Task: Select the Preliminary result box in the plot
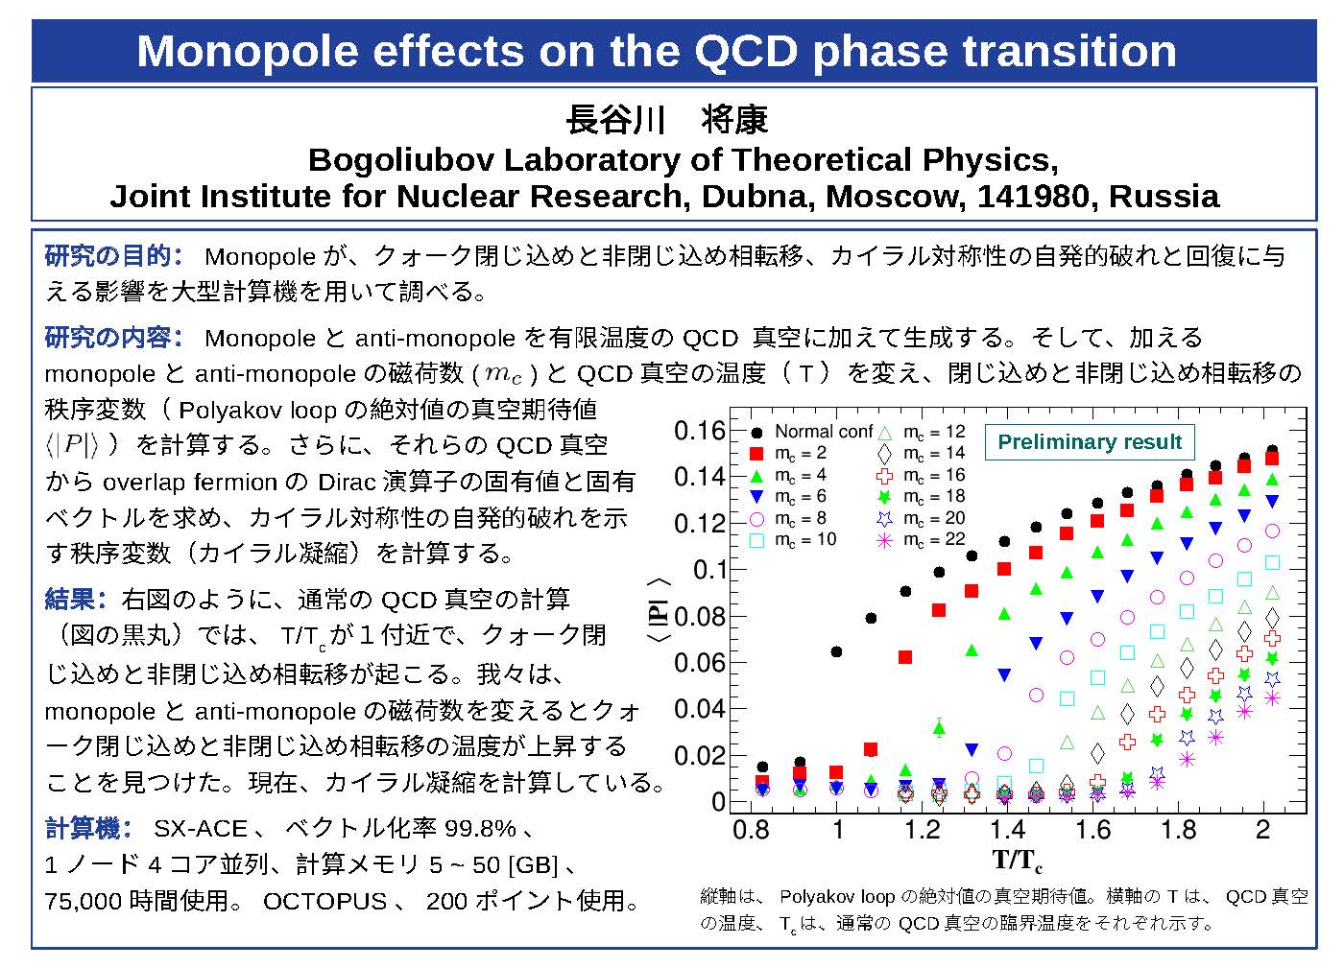pos(1090,442)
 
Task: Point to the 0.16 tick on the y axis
pos(700,431)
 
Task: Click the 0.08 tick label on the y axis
pos(700,616)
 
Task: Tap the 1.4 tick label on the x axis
pos(1007,830)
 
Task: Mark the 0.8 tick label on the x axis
pos(751,830)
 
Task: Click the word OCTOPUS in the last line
pos(324,902)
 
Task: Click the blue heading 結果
pos(77,600)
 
